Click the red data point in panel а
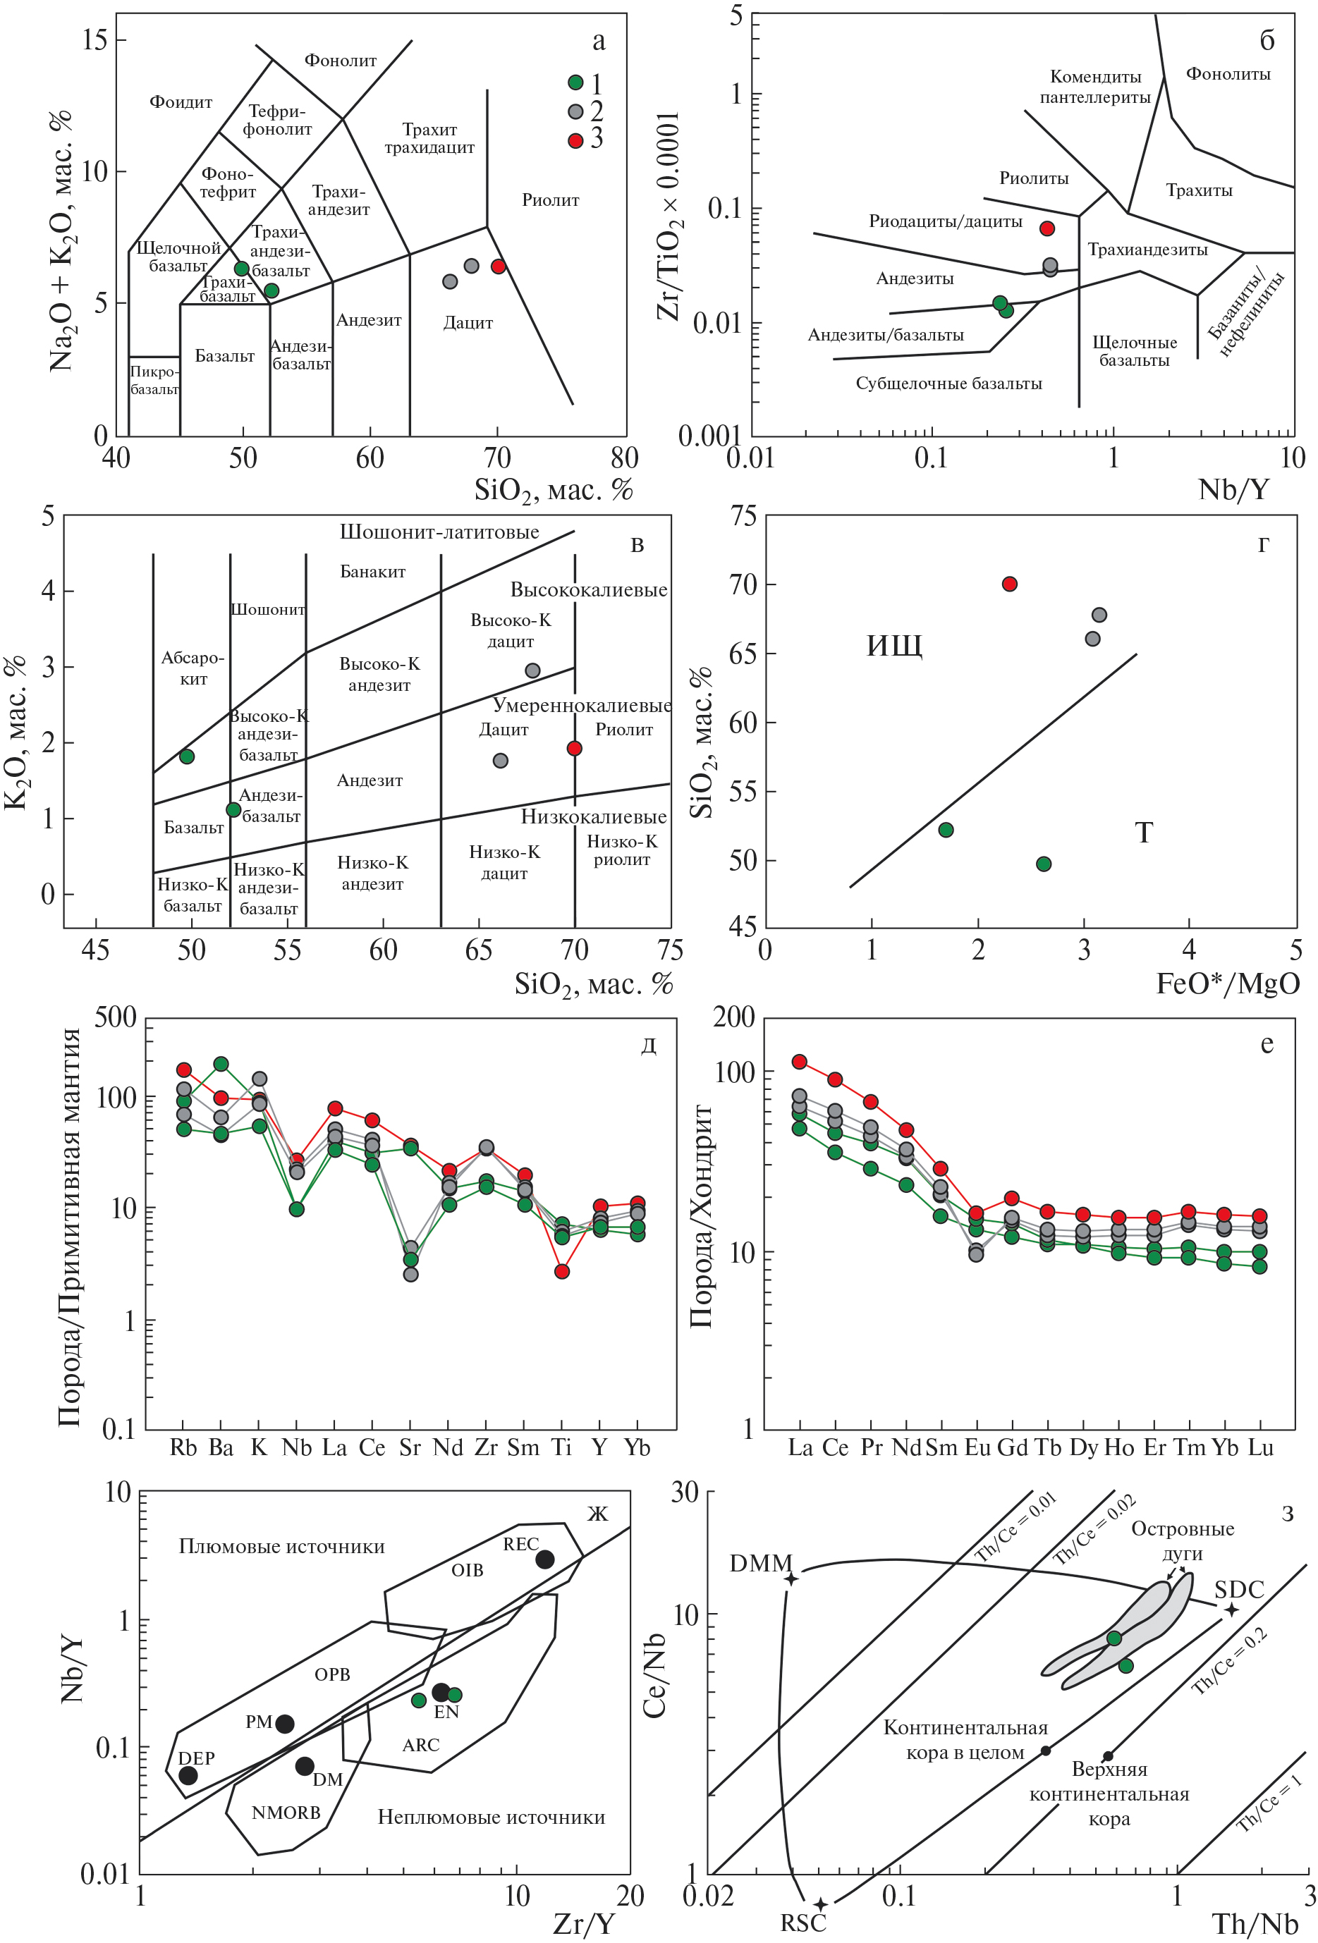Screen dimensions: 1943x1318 click(499, 266)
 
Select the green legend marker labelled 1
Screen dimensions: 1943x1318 click(575, 82)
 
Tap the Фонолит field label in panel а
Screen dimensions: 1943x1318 click(341, 60)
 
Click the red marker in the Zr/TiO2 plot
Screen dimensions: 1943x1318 click(1047, 228)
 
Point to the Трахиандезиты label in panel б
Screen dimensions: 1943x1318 click(1147, 249)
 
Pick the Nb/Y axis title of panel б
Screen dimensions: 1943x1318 click(1233, 490)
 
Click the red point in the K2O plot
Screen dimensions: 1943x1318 click(575, 748)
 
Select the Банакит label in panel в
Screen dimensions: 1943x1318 click(373, 572)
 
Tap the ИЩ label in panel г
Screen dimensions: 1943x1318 click(894, 646)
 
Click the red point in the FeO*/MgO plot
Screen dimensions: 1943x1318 click(1009, 584)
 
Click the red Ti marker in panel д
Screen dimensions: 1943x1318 click(562, 1272)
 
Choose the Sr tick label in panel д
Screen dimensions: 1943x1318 click(410, 1448)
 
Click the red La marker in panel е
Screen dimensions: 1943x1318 click(800, 1062)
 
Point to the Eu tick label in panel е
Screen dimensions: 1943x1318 click(977, 1448)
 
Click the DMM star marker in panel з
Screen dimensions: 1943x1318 click(791, 1579)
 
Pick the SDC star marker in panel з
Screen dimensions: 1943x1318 click(1231, 1610)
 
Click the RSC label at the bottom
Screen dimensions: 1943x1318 click(803, 1923)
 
